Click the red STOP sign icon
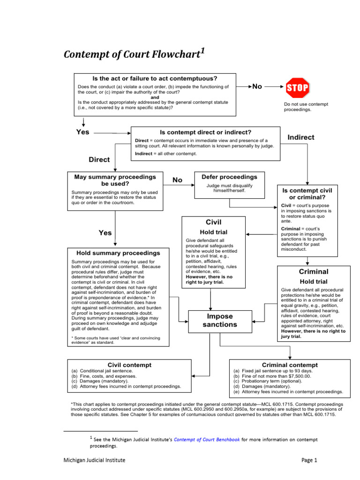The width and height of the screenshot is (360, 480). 297,88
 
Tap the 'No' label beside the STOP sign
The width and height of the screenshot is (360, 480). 257,87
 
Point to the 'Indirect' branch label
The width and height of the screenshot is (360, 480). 300,137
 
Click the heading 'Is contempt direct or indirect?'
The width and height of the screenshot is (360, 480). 205,132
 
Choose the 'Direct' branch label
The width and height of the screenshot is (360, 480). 99,159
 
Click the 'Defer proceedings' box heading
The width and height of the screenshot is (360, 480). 229,177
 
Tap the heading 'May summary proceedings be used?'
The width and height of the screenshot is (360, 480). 115,180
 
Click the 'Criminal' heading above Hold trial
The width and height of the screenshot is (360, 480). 314,272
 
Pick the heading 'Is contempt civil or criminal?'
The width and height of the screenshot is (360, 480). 307,195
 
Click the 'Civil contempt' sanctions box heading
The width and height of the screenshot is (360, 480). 129,364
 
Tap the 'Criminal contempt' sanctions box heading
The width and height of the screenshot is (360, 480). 290,365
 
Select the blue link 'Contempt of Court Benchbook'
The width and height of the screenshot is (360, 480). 207,440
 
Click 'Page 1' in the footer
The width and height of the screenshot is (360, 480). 309,460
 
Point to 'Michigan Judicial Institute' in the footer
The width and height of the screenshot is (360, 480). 94,460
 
